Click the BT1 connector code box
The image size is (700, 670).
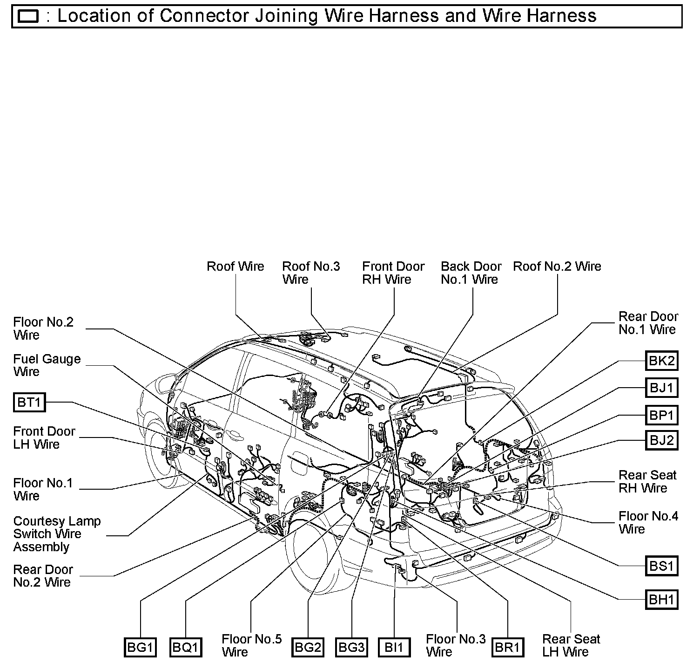29,402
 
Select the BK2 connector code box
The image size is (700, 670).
661,361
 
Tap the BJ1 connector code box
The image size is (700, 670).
661,388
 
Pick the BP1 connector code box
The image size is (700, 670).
661,415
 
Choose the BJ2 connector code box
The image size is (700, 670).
661,440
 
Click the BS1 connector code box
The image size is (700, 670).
661,566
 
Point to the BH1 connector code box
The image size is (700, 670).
661,599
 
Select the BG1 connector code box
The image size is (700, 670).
140,647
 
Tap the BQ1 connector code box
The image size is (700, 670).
186,647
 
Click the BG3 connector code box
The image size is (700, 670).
351,647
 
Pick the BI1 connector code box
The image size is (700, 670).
394,647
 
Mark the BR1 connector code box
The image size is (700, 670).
507,647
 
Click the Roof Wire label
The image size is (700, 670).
235,267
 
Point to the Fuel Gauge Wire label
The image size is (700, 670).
47,365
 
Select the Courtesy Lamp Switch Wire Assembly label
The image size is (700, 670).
57,534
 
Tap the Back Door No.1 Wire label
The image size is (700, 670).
471,273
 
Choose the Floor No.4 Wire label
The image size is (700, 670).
648,522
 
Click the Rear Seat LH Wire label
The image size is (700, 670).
571,645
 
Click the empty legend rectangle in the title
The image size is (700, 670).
28,17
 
